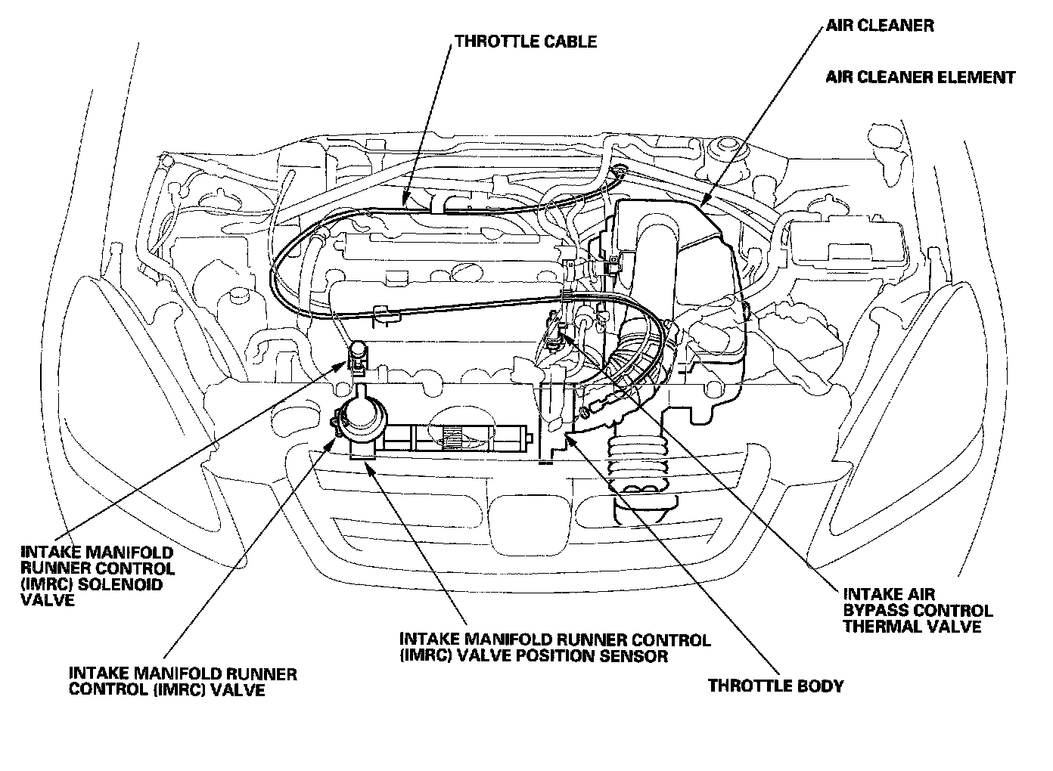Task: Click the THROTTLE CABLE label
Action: click(526, 42)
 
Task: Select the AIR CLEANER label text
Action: click(879, 25)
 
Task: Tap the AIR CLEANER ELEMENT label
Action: click(920, 77)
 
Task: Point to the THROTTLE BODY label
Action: click(775, 686)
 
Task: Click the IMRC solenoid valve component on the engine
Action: click(357, 355)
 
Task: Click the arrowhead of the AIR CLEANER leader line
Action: click(703, 203)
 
